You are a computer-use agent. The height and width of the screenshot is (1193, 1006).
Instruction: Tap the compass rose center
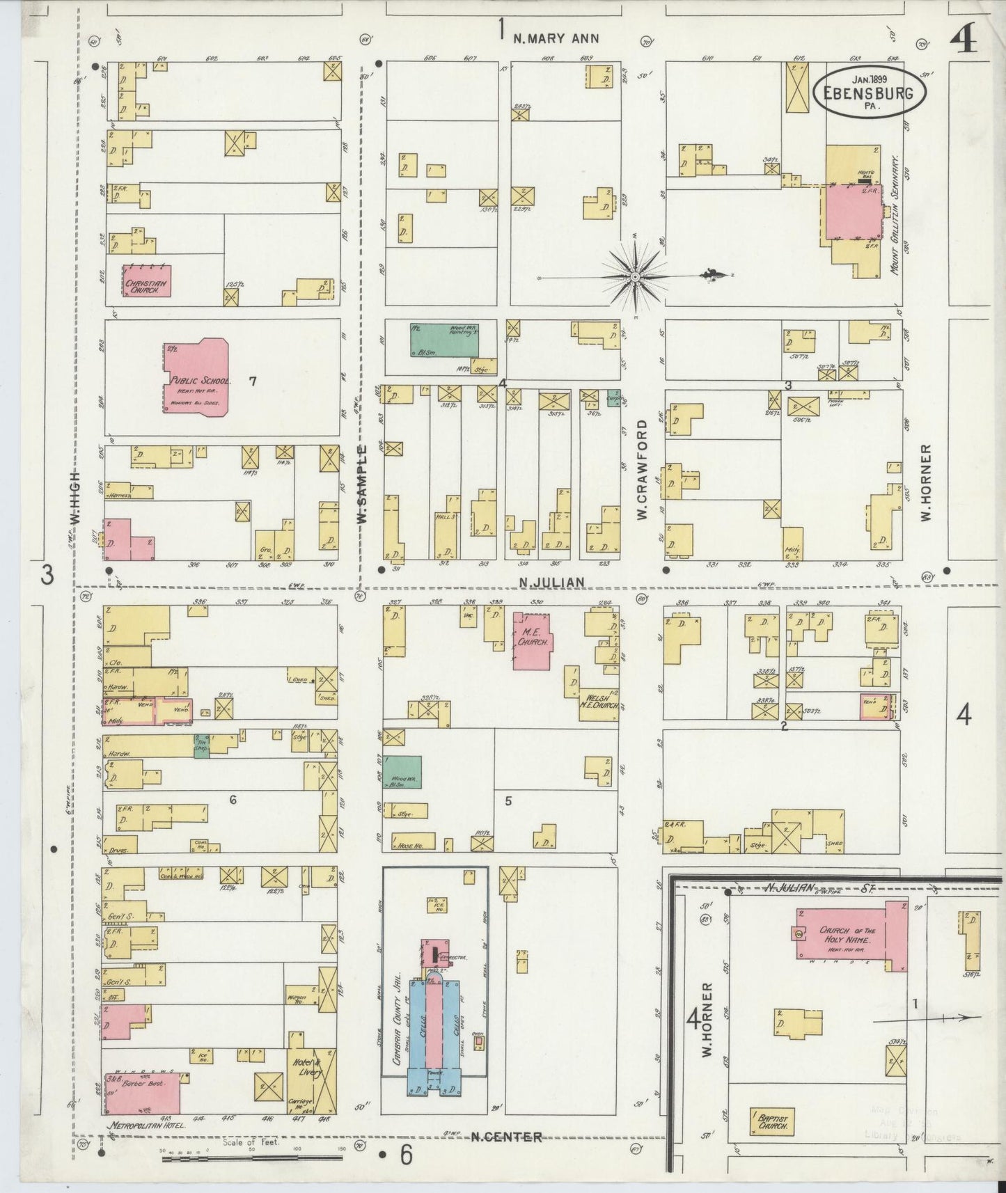[635, 277]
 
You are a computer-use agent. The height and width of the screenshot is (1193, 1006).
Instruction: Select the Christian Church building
[146, 281]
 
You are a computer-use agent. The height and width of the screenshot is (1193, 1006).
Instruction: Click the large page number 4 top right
[963, 42]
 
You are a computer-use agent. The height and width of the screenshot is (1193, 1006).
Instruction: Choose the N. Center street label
[506, 1137]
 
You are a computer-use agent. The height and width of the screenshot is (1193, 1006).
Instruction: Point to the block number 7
[253, 380]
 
